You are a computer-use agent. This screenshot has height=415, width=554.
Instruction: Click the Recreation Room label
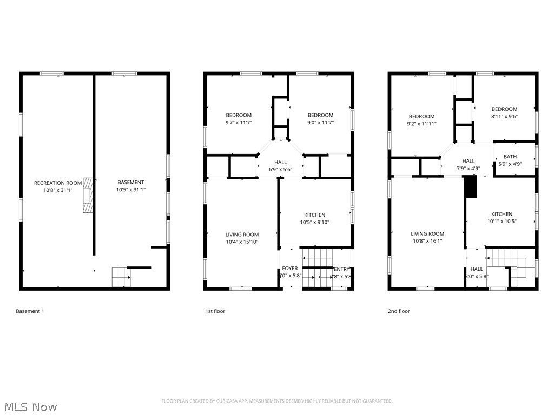point(58,186)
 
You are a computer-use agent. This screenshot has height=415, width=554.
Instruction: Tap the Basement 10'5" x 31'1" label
point(130,186)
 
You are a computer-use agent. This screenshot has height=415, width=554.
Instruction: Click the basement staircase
point(121,277)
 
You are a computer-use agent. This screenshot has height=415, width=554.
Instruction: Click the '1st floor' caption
point(215,311)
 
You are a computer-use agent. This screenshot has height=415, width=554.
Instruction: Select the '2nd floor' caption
point(399,311)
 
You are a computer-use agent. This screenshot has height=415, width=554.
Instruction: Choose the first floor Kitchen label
point(314,218)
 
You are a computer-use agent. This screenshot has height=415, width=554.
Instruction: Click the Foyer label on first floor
point(289,272)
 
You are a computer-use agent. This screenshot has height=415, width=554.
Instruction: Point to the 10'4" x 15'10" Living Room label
point(242,238)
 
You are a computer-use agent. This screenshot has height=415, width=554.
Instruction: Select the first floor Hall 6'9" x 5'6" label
point(280,166)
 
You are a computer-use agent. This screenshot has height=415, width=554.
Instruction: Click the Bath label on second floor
point(510,160)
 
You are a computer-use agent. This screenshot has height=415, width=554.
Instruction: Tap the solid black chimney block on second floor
point(471,188)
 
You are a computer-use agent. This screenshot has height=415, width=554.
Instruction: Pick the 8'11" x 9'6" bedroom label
point(504,112)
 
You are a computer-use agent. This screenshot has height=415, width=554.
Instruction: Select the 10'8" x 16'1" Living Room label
point(428,237)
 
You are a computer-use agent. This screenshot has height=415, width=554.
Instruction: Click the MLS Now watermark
point(30,406)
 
